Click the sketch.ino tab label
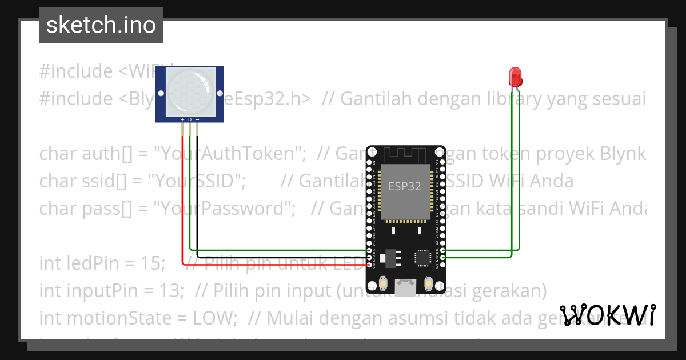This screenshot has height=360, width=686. (101, 25)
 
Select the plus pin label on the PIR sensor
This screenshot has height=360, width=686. (182, 119)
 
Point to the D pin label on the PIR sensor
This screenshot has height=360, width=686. (190, 119)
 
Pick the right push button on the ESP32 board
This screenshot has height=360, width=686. (429, 282)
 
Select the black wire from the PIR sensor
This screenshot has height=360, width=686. (198, 200)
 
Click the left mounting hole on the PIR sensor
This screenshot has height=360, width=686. (161, 93)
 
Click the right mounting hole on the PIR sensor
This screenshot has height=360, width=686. (219, 93)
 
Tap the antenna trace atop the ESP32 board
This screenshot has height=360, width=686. (405, 154)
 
